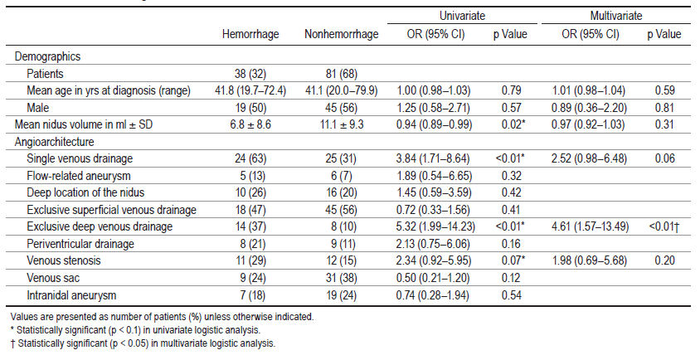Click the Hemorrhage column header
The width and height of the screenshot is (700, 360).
tap(250, 34)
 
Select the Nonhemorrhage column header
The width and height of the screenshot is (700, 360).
tap(341, 34)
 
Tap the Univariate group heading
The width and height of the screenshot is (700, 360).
tap(462, 16)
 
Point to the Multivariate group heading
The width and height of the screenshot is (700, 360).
tap(616, 16)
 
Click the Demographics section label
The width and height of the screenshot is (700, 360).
tap(47, 56)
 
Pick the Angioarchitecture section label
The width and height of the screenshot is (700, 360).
tap(54, 142)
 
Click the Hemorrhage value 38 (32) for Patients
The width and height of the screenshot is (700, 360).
tap(250, 74)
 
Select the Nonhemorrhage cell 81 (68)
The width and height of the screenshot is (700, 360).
tap(341, 74)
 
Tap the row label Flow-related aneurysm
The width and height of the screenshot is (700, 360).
tap(79, 176)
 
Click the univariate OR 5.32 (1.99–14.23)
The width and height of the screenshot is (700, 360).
tap(435, 227)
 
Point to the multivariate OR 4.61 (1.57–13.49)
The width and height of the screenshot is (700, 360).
tap(591, 227)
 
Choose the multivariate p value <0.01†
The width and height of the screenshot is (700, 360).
tap(664, 227)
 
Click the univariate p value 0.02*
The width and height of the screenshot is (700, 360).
tap(511, 124)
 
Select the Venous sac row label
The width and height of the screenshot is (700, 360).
tap(53, 278)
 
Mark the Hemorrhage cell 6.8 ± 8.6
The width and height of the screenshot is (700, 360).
tap(250, 124)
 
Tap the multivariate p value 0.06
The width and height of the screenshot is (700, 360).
tap(664, 158)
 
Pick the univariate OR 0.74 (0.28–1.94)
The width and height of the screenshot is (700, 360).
tap(433, 295)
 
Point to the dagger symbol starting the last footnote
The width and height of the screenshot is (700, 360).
tap(12, 344)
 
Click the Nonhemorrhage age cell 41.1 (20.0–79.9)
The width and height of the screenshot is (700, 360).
tap(341, 90)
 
